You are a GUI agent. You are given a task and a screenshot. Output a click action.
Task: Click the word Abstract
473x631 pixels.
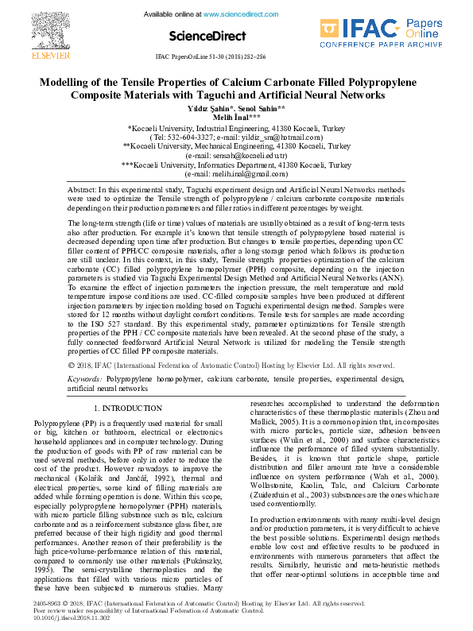81,191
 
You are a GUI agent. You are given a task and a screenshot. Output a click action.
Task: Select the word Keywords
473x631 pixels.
84,379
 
